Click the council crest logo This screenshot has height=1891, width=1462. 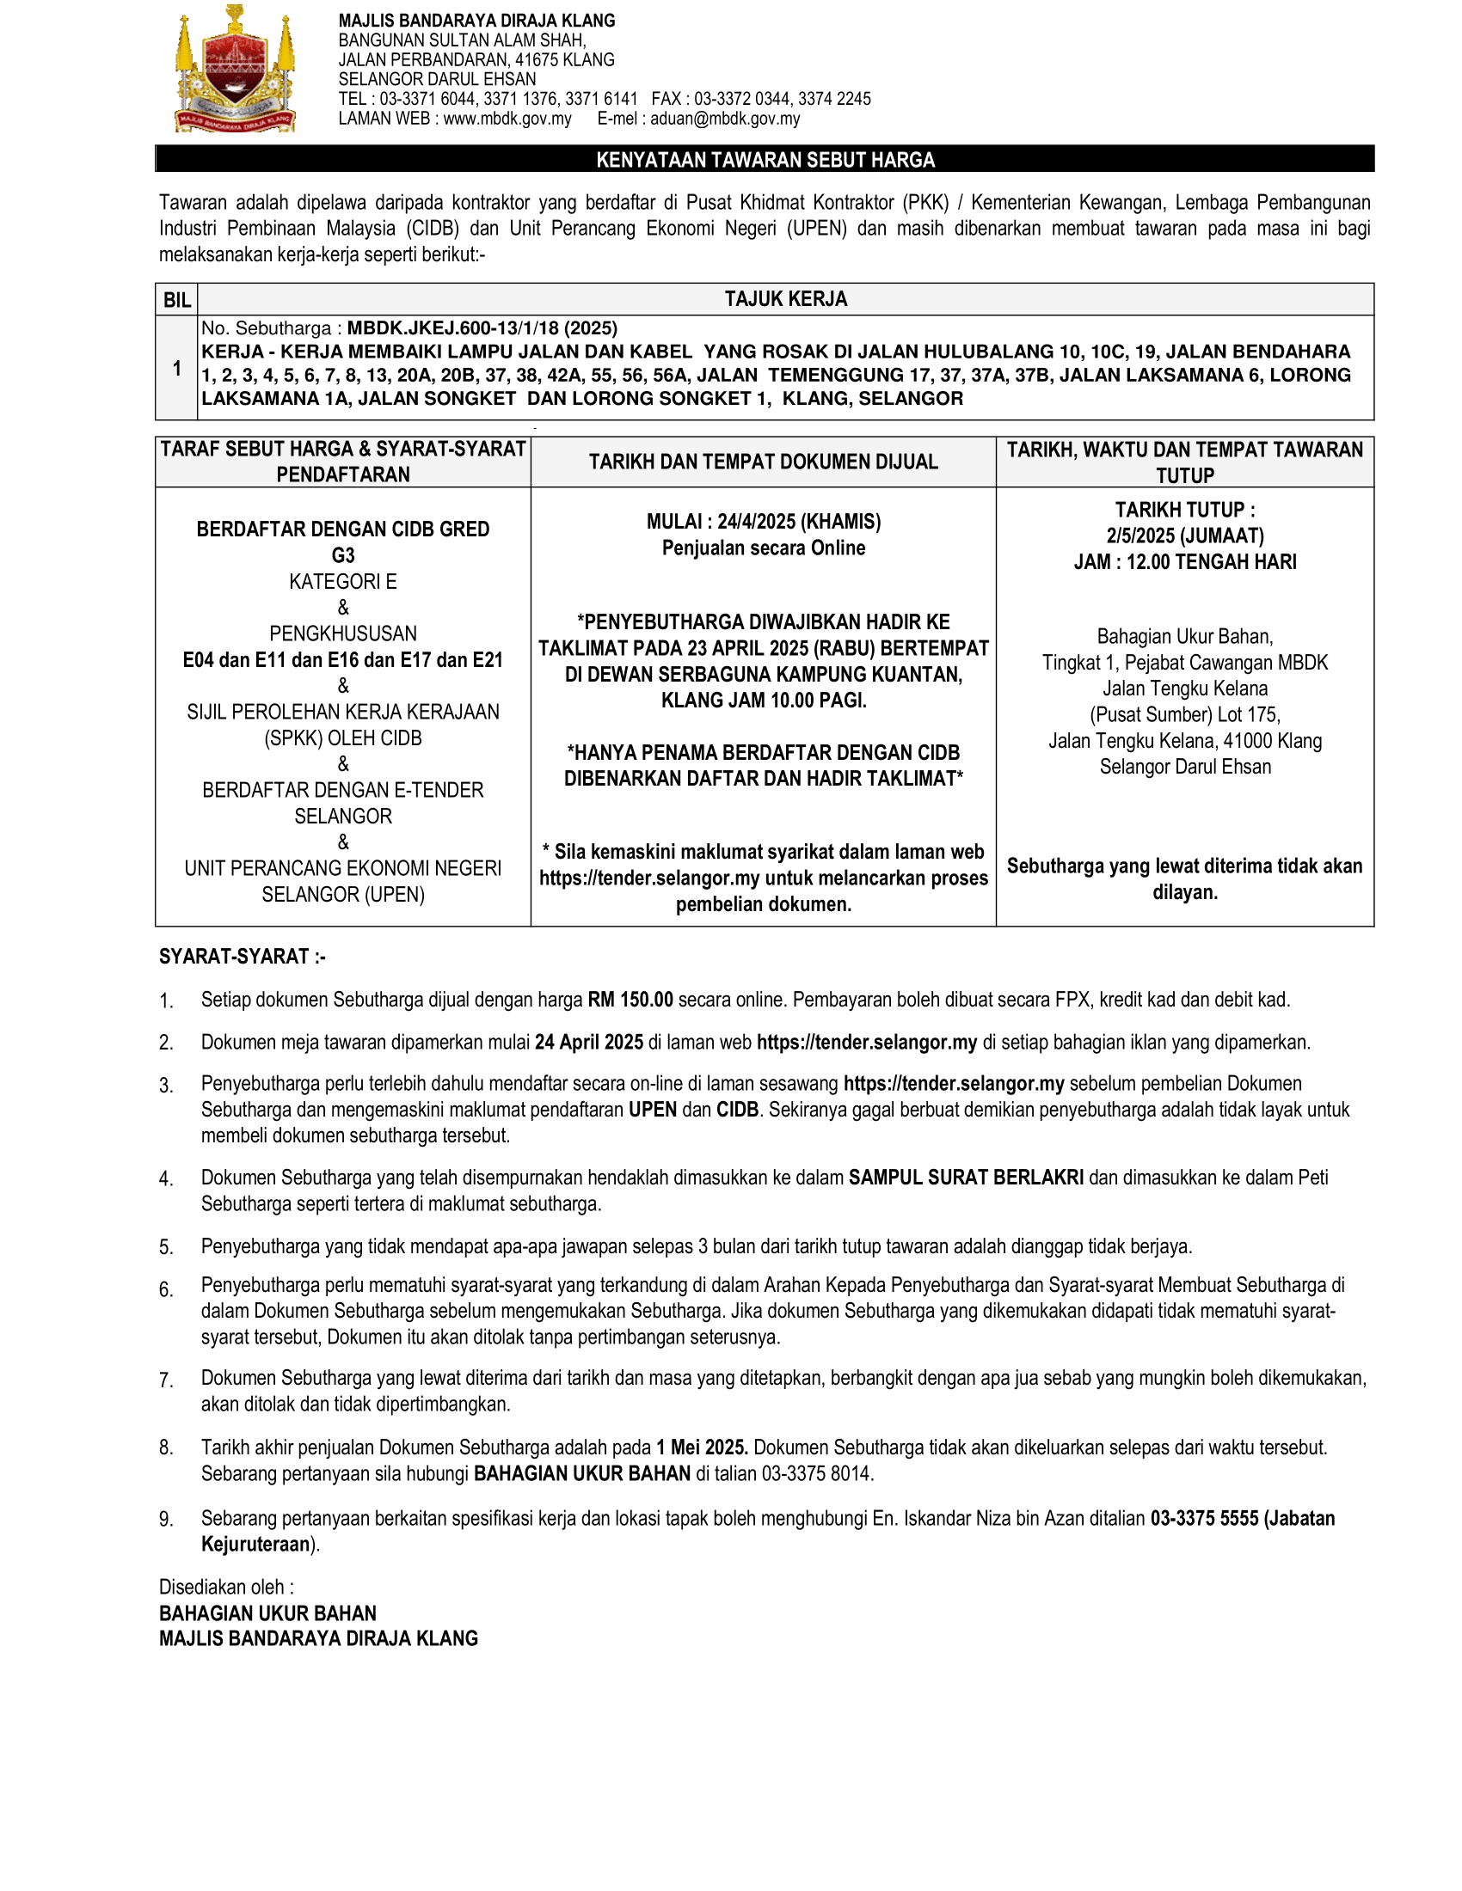pyautogui.click(x=235, y=70)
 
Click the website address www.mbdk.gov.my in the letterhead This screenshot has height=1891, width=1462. pyautogui.click(x=507, y=119)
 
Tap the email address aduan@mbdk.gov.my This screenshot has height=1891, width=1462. pyautogui.click(x=725, y=119)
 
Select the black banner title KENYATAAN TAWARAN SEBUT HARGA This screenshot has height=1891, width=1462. pyautogui.click(x=765, y=160)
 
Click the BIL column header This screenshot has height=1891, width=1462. pyautogui.click(x=176, y=300)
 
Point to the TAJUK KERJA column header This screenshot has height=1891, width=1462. pyautogui.click(x=785, y=300)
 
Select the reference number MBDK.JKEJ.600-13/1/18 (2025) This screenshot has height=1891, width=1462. pyautogui.click(x=482, y=328)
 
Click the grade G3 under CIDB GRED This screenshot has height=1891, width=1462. pyautogui.click(x=343, y=555)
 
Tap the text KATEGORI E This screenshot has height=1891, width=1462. pyautogui.click(x=343, y=581)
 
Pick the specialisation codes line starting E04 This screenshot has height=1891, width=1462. pyautogui.click(x=343, y=660)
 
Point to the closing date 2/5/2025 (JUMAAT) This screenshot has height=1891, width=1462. pyautogui.click(x=1185, y=536)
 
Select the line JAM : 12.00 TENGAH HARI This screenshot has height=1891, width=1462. pyautogui.click(x=1185, y=562)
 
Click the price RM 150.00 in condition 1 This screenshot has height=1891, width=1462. pyautogui.click(x=630, y=1000)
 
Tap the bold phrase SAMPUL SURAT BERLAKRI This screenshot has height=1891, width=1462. pyautogui.click(x=966, y=1178)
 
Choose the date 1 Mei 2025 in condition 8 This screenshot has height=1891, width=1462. pyautogui.click(x=702, y=1447)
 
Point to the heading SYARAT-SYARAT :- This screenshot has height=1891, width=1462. pyautogui.click(x=243, y=957)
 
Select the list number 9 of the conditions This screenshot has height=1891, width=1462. pyautogui.click(x=165, y=1520)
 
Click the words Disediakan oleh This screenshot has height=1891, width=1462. pyautogui.click(x=226, y=1587)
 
